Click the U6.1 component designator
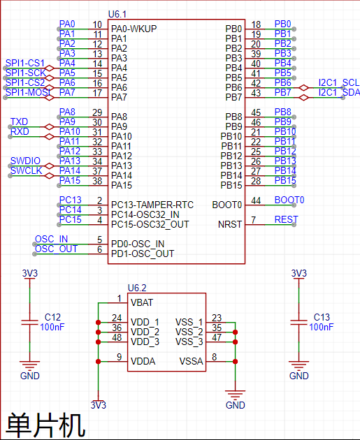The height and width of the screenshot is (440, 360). coord(117,14)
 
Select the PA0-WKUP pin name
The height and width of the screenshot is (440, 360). coord(134,29)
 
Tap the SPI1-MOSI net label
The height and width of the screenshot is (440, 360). coord(28,92)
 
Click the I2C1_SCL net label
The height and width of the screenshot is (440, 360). coord(339,82)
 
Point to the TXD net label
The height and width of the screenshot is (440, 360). coord(20,122)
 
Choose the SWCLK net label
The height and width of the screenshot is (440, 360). coord(26,170)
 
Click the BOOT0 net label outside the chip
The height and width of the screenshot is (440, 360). coord(289,200)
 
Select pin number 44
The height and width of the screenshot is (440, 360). coord(256,200)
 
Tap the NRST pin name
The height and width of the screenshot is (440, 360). coord(230,224)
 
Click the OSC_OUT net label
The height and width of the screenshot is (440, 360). coord(56,249)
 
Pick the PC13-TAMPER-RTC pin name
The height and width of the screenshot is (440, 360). coord(152,205)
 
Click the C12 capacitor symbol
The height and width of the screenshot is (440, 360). coord(30,322)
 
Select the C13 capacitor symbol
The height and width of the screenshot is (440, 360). coord(298,322)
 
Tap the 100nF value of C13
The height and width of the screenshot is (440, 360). coord(322,327)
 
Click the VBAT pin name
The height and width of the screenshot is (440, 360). coord(142,302)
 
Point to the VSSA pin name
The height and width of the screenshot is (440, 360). coord(191,361)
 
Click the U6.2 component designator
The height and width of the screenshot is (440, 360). coord(137,288)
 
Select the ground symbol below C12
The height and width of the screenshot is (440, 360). coord(30,365)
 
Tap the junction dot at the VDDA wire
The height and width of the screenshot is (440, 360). coord(98,362)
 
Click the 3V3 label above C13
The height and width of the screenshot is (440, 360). coord(298,273)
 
